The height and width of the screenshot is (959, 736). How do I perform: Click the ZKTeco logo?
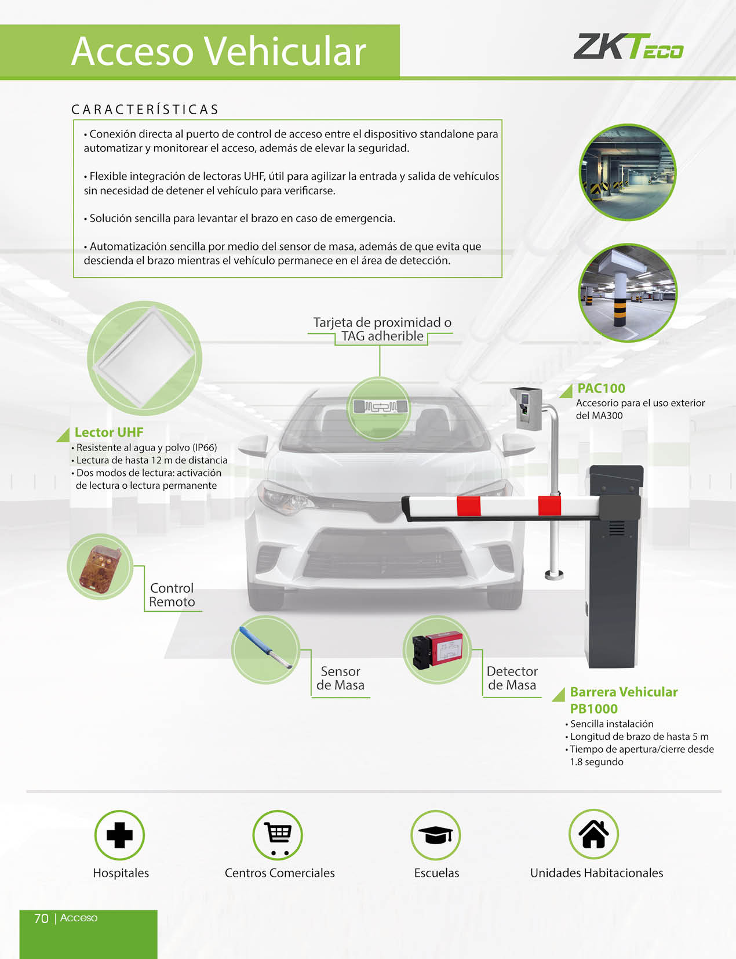[x=628, y=46]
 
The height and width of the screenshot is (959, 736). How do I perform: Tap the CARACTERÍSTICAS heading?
[x=145, y=110]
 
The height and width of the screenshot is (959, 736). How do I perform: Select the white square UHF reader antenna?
[x=145, y=358]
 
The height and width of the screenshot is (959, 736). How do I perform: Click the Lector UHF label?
[x=109, y=432]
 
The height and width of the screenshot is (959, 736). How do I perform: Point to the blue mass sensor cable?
[x=265, y=648]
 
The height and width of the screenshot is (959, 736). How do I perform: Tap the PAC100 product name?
[x=601, y=388]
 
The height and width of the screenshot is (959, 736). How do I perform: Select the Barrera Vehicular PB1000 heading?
[x=624, y=700]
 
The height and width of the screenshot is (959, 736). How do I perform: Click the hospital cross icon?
[x=119, y=835]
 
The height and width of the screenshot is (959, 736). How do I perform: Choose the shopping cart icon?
[x=278, y=838]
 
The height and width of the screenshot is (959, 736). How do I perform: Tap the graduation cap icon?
[x=436, y=835]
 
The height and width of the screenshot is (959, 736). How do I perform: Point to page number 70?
[x=41, y=918]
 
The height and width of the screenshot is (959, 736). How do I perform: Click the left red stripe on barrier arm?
[x=468, y=506]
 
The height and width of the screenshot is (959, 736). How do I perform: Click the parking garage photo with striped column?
[x=628, y=293]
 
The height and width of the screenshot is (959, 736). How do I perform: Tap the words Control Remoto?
[x=172, y=595]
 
